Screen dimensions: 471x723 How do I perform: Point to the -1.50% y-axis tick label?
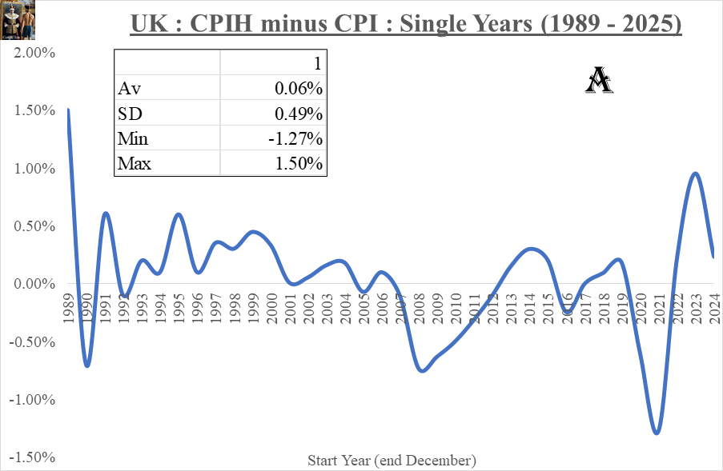(31, 457)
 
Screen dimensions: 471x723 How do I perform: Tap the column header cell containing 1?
(317, 63)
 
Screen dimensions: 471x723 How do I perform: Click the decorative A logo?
(600, 80)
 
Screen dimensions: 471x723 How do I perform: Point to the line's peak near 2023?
(695, 174)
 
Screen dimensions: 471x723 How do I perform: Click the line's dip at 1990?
(86, 365)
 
